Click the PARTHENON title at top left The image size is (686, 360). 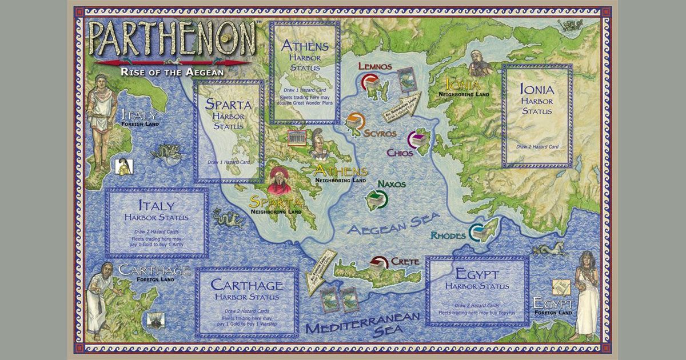point(171,39)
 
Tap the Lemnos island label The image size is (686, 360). point(375,66)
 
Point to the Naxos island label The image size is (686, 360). point(392,184)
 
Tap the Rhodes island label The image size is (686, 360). point(448,235)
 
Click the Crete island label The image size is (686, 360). point(405,261)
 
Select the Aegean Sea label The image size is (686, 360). point(393,223)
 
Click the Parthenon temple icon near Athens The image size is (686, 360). point(296,139)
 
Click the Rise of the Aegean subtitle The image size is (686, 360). point(172,72)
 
